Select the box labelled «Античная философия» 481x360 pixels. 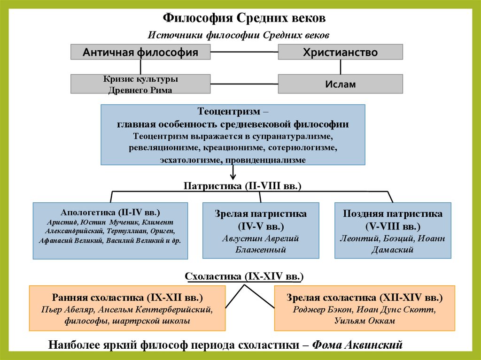tap(140, 52)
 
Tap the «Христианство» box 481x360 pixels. tap(340, 52)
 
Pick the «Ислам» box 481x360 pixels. tap(340, 84)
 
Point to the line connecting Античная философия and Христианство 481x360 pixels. tap(244, 52)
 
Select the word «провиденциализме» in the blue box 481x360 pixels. tap(265, 160)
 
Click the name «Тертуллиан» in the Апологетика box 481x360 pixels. tap(132, 231)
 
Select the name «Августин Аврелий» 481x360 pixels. tap(261, 238)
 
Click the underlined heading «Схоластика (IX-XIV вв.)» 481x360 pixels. tap(244, 276)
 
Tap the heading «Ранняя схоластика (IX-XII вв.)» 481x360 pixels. tap(128, 298)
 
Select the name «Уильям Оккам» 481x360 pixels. tap(365, 321)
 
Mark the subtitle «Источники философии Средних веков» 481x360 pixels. tap(240, 35)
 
